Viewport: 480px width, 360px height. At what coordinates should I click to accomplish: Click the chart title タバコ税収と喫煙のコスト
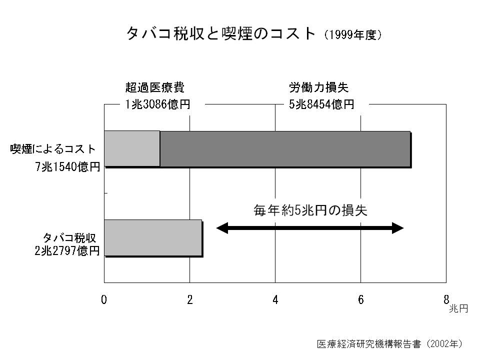coord(221,33)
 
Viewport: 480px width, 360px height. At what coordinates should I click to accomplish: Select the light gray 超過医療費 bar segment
coord(132,149)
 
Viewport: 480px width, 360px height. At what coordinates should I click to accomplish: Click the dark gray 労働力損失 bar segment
coord(285,149)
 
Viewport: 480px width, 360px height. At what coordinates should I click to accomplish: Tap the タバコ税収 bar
coord(153,237)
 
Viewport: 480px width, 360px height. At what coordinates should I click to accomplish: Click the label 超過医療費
coord(155,87)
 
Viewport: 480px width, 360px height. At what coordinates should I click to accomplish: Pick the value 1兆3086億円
coord(157,104)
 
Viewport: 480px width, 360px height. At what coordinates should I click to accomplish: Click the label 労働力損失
coord(318,87)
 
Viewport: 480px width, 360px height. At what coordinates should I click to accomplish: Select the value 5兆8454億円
coord(321,104)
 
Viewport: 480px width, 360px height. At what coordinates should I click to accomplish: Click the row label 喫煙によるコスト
coord(53,149)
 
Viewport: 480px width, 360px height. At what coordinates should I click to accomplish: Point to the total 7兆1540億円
coord(67,167)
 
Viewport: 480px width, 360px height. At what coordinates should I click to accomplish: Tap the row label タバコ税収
coord(69,238)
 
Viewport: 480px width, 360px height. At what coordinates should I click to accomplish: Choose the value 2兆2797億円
coord(67,251)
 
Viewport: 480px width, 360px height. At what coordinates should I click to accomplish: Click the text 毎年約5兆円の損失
coord(310,210)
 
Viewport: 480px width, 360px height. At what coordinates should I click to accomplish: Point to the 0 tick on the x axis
coord(104,299)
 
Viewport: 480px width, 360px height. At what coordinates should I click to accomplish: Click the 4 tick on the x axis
coord(275,299)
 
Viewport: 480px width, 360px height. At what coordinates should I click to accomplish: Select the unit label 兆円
coord(458,308)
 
